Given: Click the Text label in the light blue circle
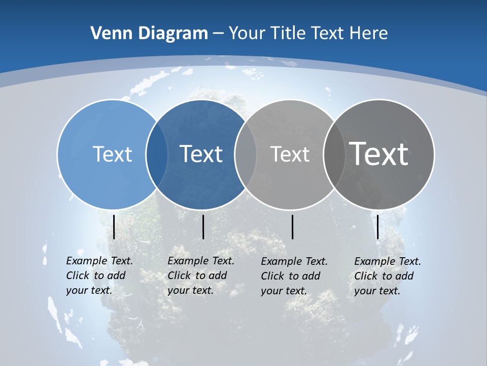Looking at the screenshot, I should pos(112,154).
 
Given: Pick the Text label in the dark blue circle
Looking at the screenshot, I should pos(201,154).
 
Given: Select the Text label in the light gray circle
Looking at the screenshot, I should pos(290,154).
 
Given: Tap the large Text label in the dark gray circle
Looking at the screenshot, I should pos(379,154).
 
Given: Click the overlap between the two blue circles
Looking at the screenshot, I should pos(157,154).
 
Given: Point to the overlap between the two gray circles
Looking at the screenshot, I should pos(334,154).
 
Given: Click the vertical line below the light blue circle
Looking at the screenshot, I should pos(114,227).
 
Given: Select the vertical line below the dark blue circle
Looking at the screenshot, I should pos(203,227).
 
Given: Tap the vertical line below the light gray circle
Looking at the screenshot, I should pos(292,227).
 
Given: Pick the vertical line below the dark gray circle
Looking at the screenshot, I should pos(377,227).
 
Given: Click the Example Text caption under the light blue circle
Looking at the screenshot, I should pos(99,276).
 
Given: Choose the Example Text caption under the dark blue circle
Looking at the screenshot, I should pos(201,276).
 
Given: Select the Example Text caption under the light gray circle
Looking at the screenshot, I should pos(294,276).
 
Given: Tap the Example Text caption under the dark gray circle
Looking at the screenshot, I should pos(388,276).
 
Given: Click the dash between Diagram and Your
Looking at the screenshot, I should pos(218,34).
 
